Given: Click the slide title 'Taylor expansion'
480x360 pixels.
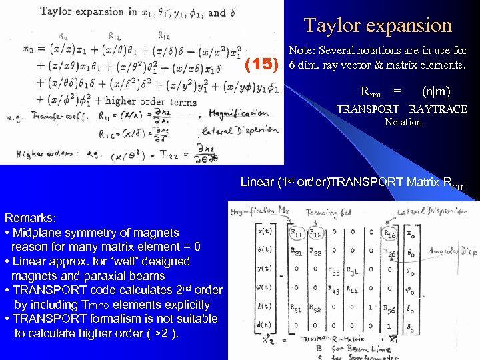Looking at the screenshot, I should pyautogui.click(x=378, y=25).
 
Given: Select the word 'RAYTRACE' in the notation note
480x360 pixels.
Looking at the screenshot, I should pyautogui.click(x=438, y=109).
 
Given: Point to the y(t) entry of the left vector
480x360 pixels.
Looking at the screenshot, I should pyautogui.click(x=265, y=271).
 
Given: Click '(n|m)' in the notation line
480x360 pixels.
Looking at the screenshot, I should pyautogui.click(x=436, y=91).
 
